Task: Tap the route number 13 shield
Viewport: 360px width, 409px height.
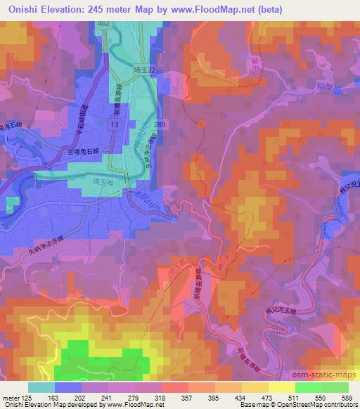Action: (x=113, y=124)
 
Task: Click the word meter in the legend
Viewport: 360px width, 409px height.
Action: (x=9, y=398)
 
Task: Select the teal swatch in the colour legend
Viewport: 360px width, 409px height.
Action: (x=41, y=387)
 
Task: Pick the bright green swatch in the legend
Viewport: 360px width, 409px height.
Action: (x=308, y=387)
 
